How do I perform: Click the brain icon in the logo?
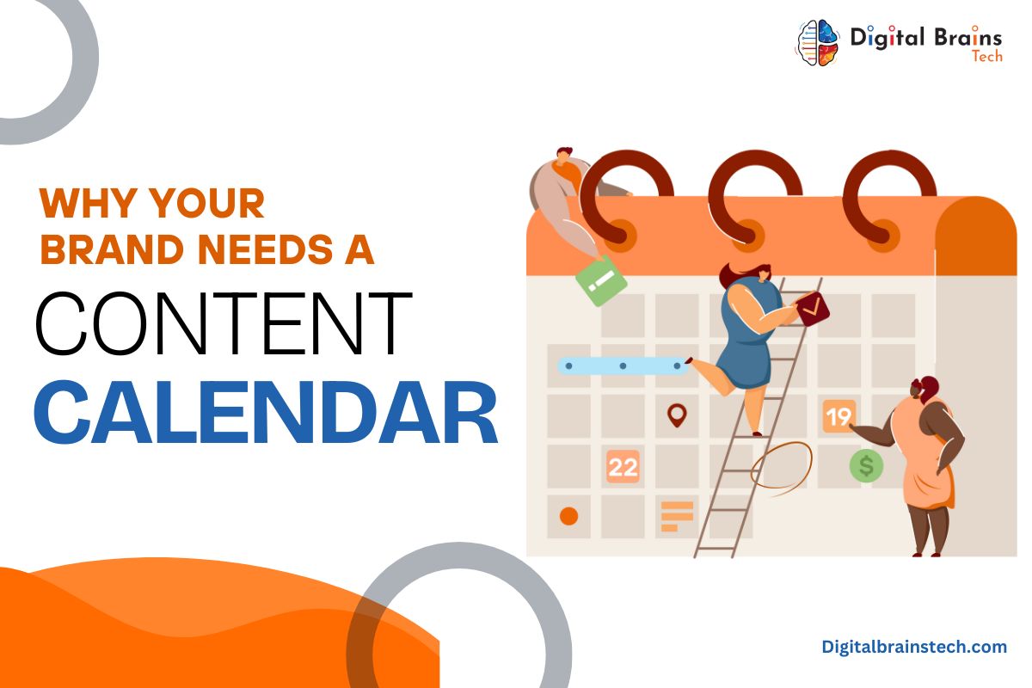click(x=819, y=43)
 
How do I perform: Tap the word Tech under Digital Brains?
click(x=987, y=56)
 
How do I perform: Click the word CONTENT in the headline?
click(x=224, y=323)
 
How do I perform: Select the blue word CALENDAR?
click(x=266, y=412)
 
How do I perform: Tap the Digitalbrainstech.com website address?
click(x=914, y=647)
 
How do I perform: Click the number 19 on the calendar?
click(x=839, y=416)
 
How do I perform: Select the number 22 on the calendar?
click(x=623, y=467)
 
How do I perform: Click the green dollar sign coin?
click(x=866, y=466)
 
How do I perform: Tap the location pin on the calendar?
click(x=677, y=415)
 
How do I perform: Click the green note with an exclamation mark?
click(x=601, y=280)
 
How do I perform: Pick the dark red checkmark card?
click(x=813, y=309)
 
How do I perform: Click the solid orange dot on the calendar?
click(x=569, y=516)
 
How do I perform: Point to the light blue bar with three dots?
click(x=623, y=365)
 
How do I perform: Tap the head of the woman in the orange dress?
click(x=925, y=389)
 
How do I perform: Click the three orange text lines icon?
click(x=677, y=516)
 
